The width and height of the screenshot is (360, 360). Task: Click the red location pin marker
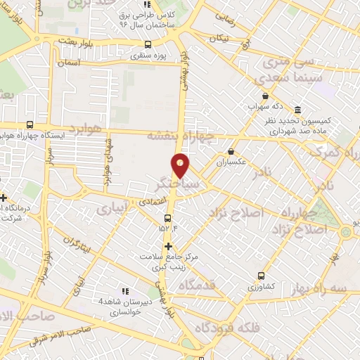181,165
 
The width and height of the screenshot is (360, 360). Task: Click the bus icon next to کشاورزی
262,276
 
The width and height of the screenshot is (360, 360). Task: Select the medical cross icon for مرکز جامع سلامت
168,247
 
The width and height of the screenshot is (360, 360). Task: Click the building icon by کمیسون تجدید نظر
298,111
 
